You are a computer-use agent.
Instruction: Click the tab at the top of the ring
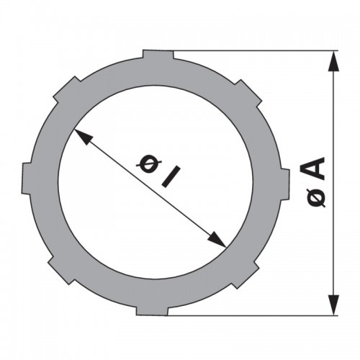click(158, 55)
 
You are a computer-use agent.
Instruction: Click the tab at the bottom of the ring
click(152, 310)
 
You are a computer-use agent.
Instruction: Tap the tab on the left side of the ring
click(27, 178)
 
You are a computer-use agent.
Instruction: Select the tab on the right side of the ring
click(285, 184)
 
